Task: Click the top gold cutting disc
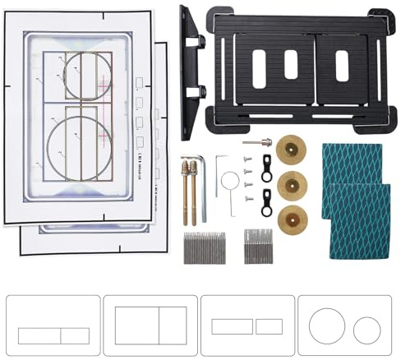pyautogui.click(x=289, y=149)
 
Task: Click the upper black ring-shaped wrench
pyautogui.click(x=266, y=166)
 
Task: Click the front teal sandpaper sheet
pyautogui.click(x=356, y=220)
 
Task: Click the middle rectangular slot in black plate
pyautogui.click(x=291, y=65)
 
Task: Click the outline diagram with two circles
pyautogui.click(x=345, y=325)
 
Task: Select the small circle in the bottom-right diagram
pyautogui.click(x=366, y=331)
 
